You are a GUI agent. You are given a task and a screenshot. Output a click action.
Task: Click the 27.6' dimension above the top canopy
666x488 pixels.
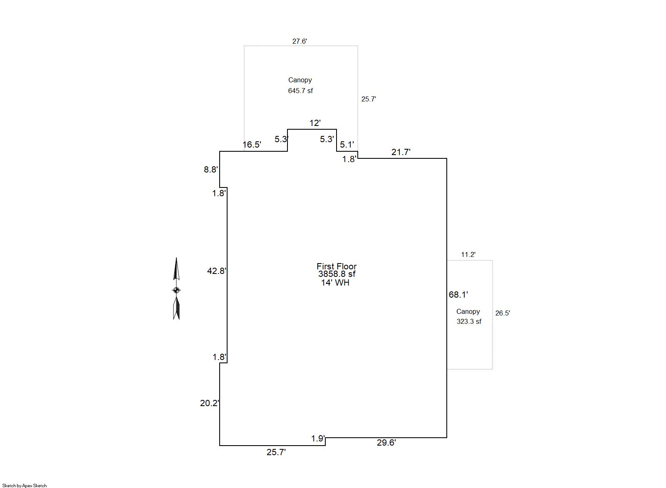[300, 41]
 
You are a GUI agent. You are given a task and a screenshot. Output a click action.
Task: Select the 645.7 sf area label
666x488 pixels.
[300, 91]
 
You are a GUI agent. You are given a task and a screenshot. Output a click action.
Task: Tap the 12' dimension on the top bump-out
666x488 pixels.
[315, 123]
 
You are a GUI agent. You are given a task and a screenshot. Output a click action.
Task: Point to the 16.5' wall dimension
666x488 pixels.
[252, 145]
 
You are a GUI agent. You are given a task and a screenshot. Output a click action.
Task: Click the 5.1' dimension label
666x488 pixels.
[347, 145]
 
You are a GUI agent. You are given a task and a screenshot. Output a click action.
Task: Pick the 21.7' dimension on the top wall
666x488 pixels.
[401, 152]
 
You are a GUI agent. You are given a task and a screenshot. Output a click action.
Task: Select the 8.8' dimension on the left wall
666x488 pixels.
[211, 170]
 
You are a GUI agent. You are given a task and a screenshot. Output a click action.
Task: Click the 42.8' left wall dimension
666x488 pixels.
[217, 271]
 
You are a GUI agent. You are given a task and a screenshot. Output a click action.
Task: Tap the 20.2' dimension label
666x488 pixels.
[210, 403]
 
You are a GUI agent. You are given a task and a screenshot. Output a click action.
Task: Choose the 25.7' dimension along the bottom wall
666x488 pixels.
[276, 452]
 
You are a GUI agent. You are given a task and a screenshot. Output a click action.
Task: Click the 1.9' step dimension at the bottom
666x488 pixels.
[318, 439]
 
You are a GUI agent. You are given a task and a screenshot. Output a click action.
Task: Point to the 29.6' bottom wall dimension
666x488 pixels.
[386, 443]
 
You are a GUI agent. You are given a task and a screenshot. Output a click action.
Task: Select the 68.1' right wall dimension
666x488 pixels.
[458, 295]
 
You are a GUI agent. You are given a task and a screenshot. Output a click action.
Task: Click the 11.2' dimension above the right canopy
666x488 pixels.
[468, 254]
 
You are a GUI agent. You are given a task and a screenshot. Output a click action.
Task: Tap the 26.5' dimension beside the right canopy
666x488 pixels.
[503, 313]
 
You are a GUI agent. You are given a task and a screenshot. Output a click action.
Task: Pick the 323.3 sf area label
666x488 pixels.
[469, 321]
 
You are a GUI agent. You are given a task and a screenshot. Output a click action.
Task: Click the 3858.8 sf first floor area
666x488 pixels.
[337, 274]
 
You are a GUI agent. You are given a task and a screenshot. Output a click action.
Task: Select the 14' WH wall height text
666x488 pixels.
[335, 283]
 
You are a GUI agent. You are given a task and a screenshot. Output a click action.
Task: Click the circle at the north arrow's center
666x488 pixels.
[176, 290]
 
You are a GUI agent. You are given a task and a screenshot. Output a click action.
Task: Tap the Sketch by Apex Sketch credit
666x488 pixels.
[25, 486]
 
